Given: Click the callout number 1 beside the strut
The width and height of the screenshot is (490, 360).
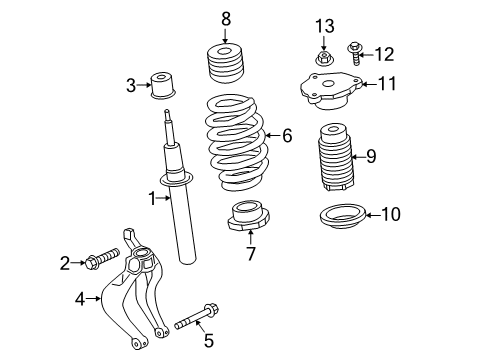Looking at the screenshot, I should point(153,199).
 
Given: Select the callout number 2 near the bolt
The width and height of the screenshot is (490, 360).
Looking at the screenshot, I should point(65,263).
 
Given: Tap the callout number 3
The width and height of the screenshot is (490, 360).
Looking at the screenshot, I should point(131,85).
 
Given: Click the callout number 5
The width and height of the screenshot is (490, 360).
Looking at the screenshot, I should point(208,341).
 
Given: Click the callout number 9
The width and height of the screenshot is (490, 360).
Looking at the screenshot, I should point(370,155).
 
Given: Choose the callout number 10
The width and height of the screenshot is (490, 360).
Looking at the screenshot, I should point(390,213).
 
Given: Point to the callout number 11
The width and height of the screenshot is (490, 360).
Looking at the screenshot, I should point(386,85).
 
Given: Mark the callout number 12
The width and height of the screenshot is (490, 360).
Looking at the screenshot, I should point(384,53).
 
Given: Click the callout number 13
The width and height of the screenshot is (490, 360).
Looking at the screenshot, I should point(322,25).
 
